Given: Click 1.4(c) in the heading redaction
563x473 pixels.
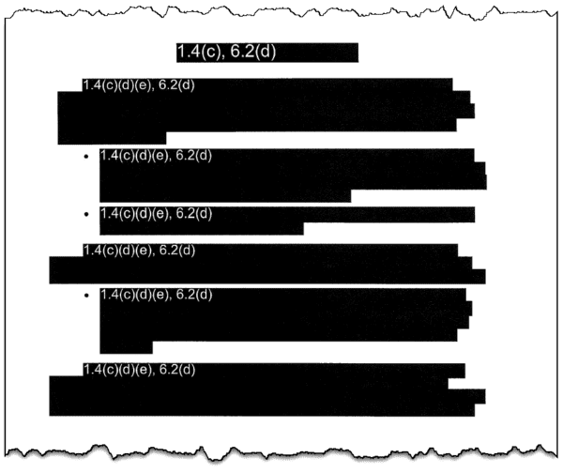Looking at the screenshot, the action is click(x=199, y=52).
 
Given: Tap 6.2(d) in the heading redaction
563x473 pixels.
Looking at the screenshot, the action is click(x=252, y=52).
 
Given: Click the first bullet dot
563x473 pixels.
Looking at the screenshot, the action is click(x=85, y=156).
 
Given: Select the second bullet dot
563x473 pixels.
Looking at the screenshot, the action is click(x=85, y=214).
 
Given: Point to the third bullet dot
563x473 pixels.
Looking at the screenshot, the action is click(x=85, y=296).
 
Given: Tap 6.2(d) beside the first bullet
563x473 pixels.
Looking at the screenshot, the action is click(x=194, y=156).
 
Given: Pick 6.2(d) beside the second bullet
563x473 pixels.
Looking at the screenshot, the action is click(x=194, y=214).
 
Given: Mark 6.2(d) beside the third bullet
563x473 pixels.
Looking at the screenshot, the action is click(x=194, y=295).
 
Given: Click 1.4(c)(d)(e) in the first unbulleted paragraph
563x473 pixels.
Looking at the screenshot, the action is click(x=118, y=85).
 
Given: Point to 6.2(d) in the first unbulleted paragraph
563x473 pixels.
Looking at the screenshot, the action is click(x=176, y=85).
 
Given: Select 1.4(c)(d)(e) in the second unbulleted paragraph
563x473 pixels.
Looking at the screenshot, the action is click(x=118, y=251).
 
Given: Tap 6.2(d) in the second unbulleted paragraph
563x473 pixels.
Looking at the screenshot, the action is click(x=177, y=251).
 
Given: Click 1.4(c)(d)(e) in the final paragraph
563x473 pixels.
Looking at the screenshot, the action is click(x=118, y=370).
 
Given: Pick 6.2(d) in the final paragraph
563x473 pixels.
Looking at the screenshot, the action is click(x=177, y=370).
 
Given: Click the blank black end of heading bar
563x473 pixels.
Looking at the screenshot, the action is click(x=317, y=53).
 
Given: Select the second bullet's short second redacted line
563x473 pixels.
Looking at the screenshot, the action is click(x=202, y=229).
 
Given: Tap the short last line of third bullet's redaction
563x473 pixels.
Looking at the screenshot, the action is click(x=126, y=347).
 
